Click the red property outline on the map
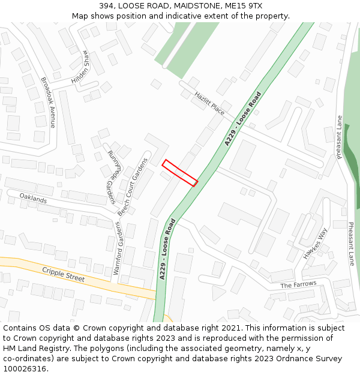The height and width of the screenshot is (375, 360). pos(180,173)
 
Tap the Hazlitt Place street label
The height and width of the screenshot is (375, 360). pos(209,103)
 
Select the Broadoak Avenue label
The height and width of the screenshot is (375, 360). pos(48,102)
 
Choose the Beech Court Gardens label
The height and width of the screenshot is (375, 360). pos(132,187)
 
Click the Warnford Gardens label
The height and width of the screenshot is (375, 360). pos(117,248)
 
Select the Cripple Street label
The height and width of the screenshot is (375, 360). pos(63,275)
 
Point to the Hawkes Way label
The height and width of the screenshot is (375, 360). pos(315,243)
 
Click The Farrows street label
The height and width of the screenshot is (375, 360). pos(298,284)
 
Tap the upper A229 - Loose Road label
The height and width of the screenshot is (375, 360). pos(243,119)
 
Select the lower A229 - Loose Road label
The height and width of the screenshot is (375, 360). pos(167,248)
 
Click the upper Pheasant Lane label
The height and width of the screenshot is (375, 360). pos(340,137)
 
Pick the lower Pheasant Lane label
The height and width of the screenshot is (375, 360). pos(351,244)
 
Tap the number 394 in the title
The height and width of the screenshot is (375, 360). pos(107,5)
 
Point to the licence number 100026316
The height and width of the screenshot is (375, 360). pos(25,368)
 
